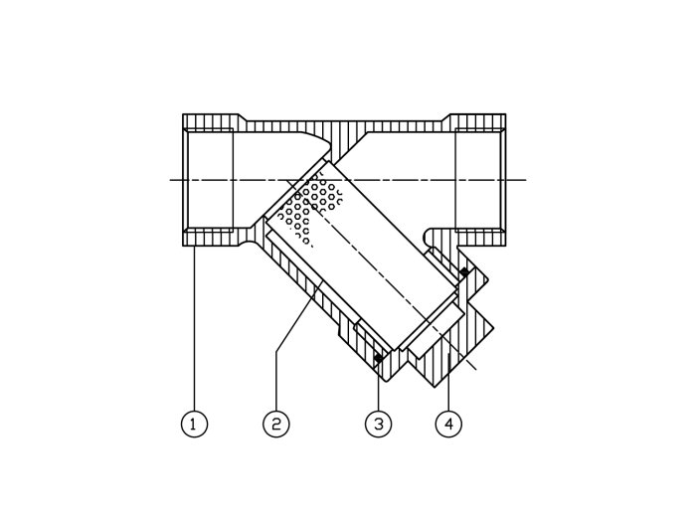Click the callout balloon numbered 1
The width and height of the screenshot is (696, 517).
(194, 424)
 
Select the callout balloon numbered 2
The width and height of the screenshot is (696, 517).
(276, 424)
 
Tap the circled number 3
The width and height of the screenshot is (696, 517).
(378, 424)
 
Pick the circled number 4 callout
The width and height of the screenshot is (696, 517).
(448, 424)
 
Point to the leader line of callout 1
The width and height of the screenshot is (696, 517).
(195, 328)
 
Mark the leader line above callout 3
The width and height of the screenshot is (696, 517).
(379, 385)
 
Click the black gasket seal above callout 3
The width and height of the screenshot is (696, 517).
(379, 357)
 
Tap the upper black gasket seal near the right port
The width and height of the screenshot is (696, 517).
(464, 270)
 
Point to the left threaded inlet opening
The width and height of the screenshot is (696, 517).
(208, 180)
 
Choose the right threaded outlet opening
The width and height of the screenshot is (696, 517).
(480, 180)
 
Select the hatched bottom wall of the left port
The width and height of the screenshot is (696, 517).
(211, 238)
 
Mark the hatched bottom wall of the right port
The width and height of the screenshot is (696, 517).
(480, 239)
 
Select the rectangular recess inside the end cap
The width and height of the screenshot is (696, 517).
(435, 331)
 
